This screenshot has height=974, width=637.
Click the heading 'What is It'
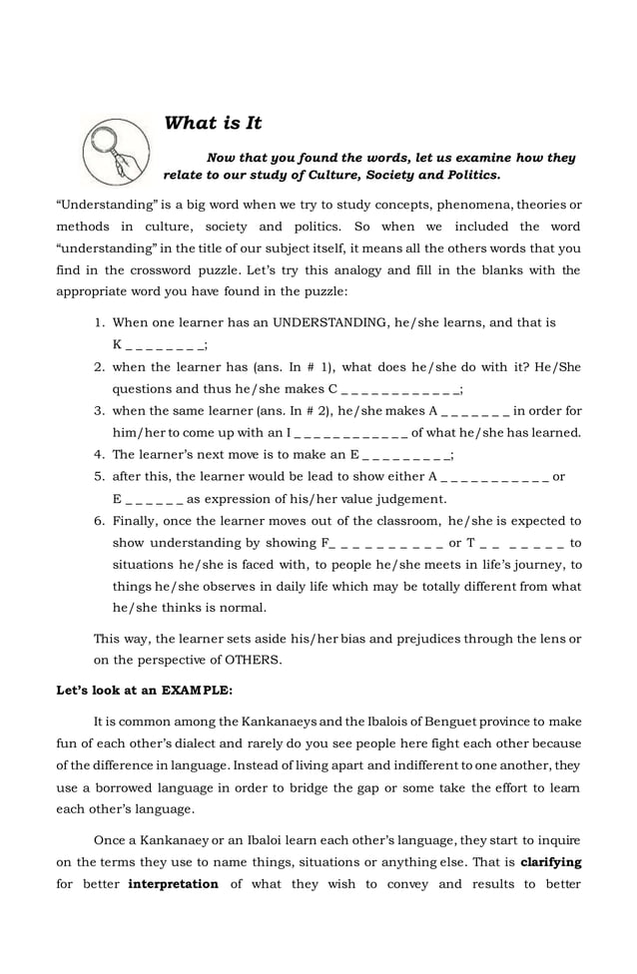(x=213, y=124)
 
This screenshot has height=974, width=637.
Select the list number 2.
(x=100, y=367)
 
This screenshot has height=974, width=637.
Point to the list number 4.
(x=100, y=454)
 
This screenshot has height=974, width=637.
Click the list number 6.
(x=100, y=521)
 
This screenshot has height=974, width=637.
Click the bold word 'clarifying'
(x=550, y=861)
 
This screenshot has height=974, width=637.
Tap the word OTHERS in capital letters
(x=255, y=659)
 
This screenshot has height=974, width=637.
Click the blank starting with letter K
(x=160, y=345)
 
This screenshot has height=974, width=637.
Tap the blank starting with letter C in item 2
(x=395, y=389)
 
